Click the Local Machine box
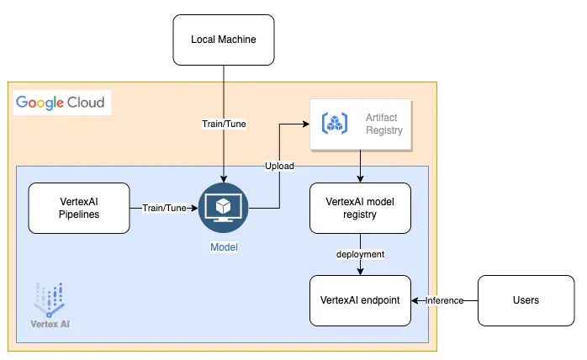(x=224, y=40)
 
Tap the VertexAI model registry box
(x=360, y=208)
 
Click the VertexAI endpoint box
(x=360, y=300)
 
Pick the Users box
(x=526, y=300)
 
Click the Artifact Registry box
(x=360, y=124)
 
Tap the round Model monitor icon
(x=224, y=209)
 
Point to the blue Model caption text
(x=224, y=247)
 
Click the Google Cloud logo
(x=60, y=103)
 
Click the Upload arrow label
(x=279, y=166)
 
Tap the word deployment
(x=360, y=253)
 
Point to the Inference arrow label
(x=444, y=300)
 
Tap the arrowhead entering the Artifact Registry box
(x=306, y=124)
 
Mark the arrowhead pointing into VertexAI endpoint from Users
(x=415, y=300)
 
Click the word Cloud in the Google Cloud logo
(x=87, y=103)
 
